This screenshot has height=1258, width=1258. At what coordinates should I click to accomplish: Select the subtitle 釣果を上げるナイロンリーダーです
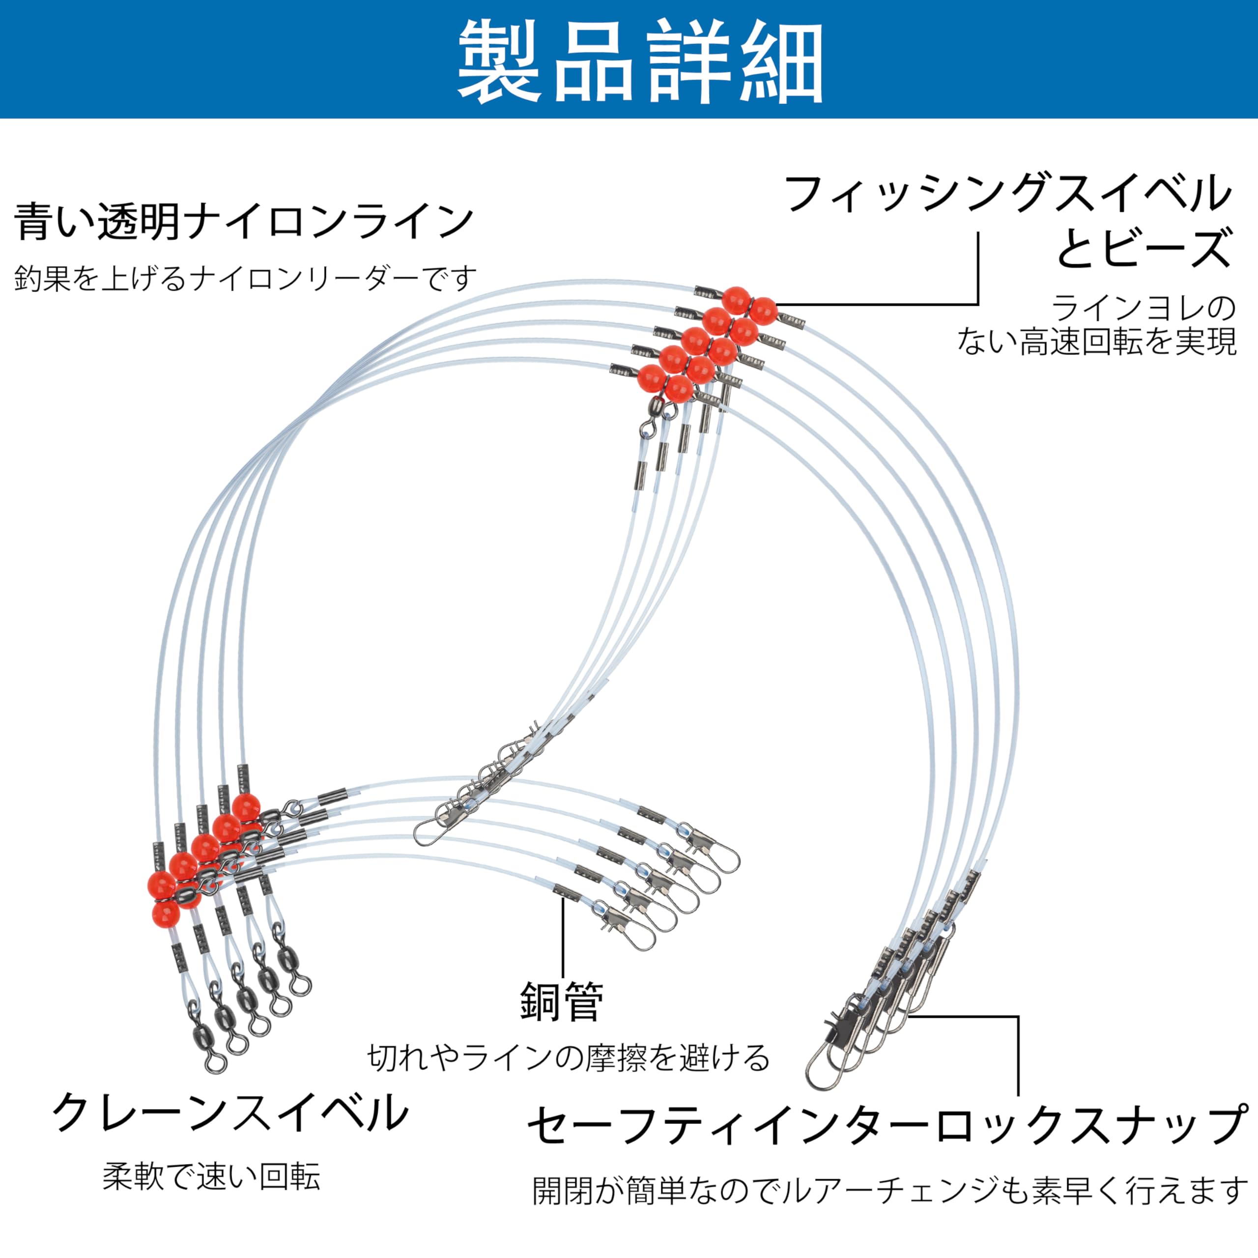246,278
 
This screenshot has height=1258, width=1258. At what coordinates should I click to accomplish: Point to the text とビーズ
1142,248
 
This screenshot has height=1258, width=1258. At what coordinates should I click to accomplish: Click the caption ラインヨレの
1144,308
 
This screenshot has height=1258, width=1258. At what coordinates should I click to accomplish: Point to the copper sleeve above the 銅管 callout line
564,890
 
